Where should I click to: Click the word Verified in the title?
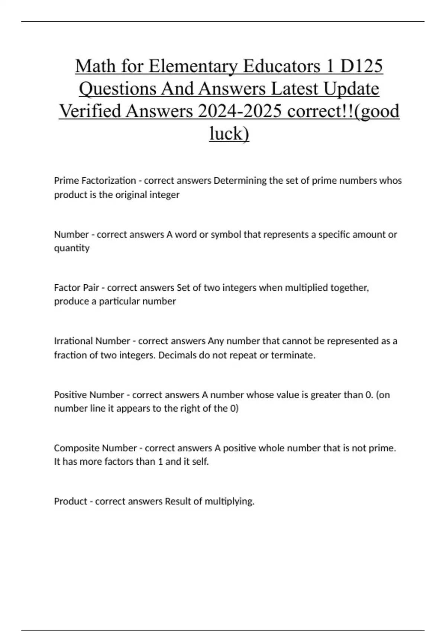[89, 111]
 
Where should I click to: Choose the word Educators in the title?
[281, 66]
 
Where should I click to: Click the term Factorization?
[109, 181]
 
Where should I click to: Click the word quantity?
[72, 248]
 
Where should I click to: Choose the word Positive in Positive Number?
[70, 395]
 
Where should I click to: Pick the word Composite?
[77, 448]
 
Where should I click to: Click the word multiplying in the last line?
[229, 501]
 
